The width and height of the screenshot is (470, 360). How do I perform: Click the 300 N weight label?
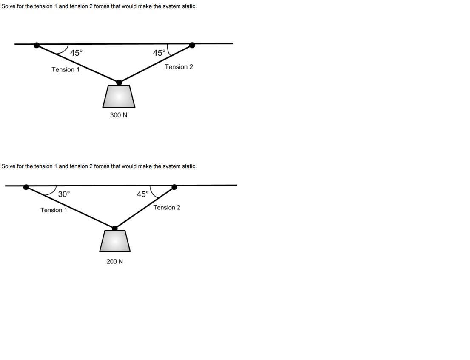(x=119, y=115)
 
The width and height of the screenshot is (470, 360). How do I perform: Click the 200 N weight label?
(x=115, y=261)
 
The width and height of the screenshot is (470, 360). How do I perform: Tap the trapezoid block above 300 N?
(x=119, y=97)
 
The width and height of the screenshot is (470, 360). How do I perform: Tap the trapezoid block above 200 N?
(x=115, y=241)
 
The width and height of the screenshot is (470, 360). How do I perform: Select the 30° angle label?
(x=64, y=194)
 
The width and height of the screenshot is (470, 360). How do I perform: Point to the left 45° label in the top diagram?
(x=77, y=53)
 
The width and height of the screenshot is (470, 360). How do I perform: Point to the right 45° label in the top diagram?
(x=159, y=53)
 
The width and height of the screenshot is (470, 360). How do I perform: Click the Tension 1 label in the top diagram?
(x=66, y=69)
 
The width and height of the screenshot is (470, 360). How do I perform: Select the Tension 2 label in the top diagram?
(x=179, y=67)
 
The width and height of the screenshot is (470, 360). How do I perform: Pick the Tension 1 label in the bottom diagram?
(x=54, y=210)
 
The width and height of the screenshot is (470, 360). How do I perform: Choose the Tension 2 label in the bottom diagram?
(x=167, y=207)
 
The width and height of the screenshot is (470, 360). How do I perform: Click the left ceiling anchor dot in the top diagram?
(x=37, y=45)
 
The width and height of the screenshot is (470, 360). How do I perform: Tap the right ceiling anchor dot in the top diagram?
(x=192, y=45)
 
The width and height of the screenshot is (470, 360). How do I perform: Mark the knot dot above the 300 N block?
(x=119, y=83)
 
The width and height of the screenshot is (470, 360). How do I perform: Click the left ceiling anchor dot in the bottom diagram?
(x=26, y=187)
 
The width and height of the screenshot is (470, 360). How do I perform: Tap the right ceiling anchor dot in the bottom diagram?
(x=174, y=187)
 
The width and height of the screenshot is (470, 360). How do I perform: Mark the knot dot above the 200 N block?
(x=114, y=228)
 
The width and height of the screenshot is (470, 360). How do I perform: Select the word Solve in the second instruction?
(x=9, y=166)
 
